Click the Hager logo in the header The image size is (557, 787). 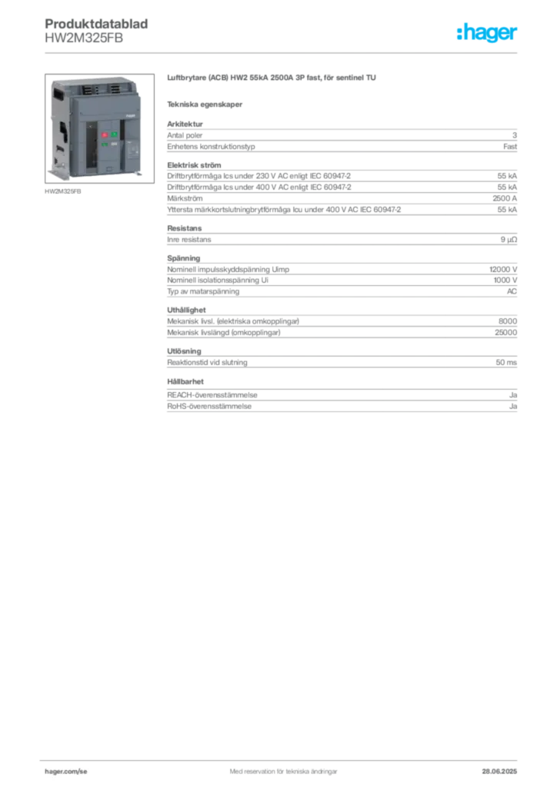(x=486, y=32)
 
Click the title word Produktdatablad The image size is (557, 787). (x=96, y=24)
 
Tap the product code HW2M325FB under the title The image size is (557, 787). (x=84, y=38)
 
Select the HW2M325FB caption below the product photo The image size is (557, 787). (x=63, y=191)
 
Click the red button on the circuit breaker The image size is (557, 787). (x=105, y=135)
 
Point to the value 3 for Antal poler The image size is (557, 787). (x=515, y=135)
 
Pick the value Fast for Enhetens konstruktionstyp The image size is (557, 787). (x=510, y=147)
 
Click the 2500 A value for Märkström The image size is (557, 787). (x=504, y=198)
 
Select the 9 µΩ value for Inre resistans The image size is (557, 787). (x=509, y=240)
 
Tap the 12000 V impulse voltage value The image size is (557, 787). (x=502, y=270)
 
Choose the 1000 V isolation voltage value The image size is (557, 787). (x=505, y=280)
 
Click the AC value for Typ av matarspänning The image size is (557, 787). (x=512, y=291)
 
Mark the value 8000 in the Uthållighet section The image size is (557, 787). (x=507, y=321)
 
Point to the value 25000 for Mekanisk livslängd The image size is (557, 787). (x=505, y=332)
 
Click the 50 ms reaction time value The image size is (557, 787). (x=506, y=363)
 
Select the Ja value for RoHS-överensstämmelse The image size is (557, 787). (x=513, y=406)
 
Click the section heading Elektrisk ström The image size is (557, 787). (x=194, y=165)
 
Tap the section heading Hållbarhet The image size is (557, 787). (x=185, y=381)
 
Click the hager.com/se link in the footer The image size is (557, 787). (x=66, y=772)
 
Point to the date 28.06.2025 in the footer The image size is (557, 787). (x=499, y=772)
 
